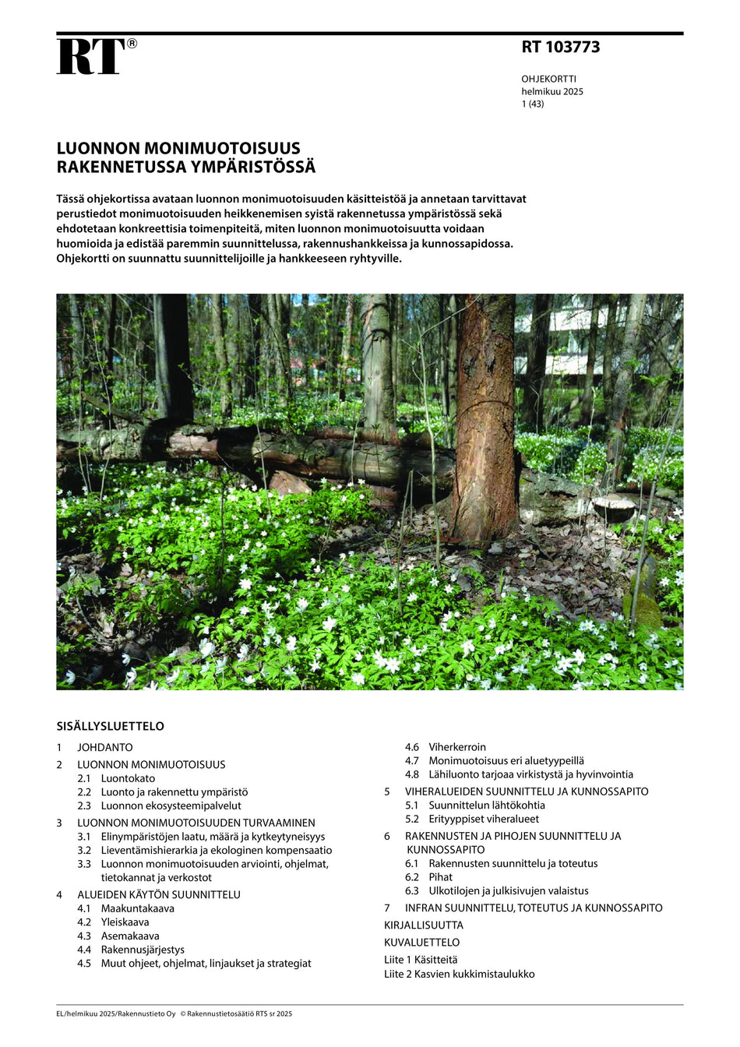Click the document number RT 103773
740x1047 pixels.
tap(560, 47)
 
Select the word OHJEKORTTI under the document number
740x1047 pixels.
tap(548, 79)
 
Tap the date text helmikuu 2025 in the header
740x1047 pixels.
tap(552, 91)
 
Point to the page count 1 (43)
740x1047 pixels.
tap(533, 104)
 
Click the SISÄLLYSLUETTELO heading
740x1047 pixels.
tap(110, 726)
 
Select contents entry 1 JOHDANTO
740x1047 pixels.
tap(104, 747)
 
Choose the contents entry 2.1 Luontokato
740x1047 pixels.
tap(127, 778)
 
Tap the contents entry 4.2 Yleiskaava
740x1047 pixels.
tap(125, 922)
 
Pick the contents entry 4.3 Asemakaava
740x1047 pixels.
tap(129, 936)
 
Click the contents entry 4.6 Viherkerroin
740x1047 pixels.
tap(456, 747)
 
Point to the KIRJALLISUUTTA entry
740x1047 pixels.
tap(423, 925)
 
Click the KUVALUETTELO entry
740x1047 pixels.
tap(421, 943)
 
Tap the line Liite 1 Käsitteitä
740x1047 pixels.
tap(421, 960)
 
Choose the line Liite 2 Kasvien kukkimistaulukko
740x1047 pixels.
tap(459, 974)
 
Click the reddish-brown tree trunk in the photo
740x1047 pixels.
tap(485, 421)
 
